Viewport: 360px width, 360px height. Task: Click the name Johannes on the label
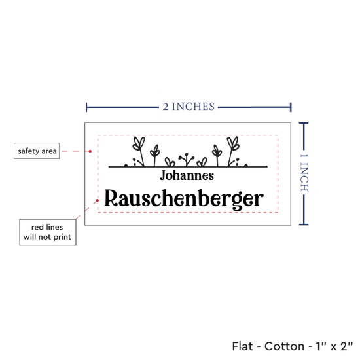coord(187,175)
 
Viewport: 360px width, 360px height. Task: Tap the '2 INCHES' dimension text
coord(189,107)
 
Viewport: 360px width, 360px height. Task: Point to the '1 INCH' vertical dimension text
coord(304,173)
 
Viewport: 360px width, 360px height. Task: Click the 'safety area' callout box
coord(37,151)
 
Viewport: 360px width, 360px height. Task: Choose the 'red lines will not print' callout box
coord(48,232)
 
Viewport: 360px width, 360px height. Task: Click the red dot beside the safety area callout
coord(90,151)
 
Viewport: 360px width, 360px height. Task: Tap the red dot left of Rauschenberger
coord(98,200)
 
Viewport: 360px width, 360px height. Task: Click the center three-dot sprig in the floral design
coord(187,159)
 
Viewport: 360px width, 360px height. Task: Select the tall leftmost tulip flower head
coord(139,143)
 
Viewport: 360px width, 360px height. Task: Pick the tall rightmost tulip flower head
coord(233,143)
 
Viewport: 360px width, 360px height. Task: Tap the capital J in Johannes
coord(164,175)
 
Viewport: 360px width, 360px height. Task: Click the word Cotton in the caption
coord(284,346)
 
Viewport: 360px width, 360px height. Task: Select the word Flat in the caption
coord(242,346)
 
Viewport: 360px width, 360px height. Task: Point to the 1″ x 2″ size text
coord(334,346)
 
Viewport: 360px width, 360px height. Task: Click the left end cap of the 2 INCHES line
coord(86,107)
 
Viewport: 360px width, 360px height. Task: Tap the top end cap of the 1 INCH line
coord(304,124)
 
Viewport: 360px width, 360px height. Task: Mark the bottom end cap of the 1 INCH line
coord(304,225)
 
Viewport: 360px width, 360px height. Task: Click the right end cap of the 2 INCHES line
coord(291,107)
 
